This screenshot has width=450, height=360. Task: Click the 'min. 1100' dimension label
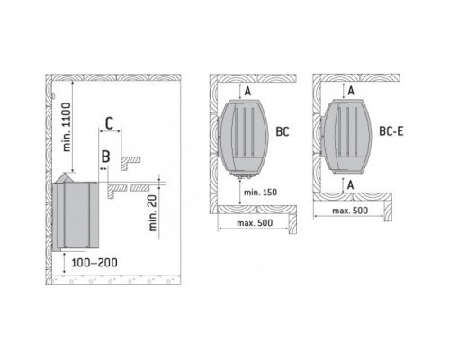click(67, 127)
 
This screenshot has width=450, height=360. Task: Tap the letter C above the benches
click(110, 123)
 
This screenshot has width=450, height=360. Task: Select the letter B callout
click(105, 157)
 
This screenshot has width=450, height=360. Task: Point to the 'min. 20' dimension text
click(153, 213)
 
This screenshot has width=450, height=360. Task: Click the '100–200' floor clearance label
click(94, 263)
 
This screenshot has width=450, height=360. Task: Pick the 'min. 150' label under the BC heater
click(260, 193)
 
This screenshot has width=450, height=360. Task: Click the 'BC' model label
click(283, 131)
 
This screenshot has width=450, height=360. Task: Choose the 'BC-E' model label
click(391, 131)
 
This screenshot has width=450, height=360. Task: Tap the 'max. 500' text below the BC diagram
click(255, 223)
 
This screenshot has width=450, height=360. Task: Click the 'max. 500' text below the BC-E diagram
click(350, 211)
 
